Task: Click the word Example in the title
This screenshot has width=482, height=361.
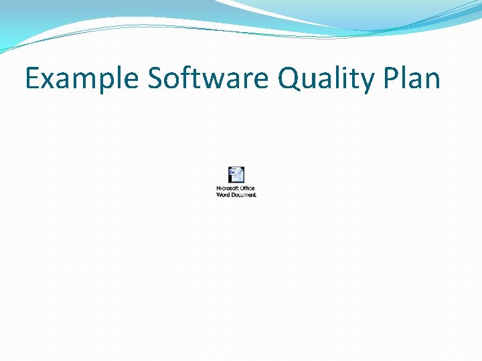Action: point(82,79)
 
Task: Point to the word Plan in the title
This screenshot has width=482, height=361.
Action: point(412,79)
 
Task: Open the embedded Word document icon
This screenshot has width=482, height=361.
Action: point(236,174)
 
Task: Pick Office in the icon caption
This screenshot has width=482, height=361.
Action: point(248,189)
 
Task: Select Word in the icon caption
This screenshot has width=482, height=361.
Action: point(223,195)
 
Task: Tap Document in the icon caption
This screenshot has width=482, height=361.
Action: point(244,195)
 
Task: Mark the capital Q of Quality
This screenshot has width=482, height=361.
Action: point(289,79)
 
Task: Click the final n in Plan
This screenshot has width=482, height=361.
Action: point(432,82)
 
